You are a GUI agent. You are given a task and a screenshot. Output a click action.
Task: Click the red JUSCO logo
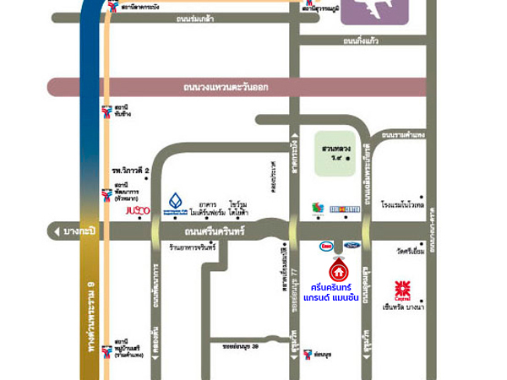click(138, 209)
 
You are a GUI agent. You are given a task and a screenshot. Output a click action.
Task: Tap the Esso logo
click(325, 247)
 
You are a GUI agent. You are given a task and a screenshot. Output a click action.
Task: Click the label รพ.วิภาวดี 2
click(130, 171)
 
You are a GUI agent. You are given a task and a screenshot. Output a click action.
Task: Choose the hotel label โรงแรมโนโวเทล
click(401, 204)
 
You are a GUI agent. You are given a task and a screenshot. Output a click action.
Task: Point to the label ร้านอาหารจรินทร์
click(193, 247)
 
